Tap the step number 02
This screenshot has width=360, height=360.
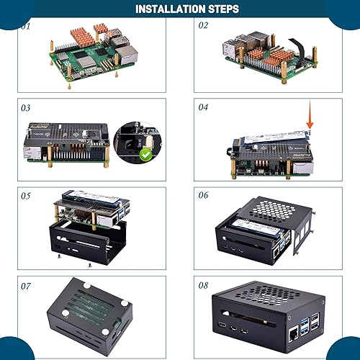tap(203, 25)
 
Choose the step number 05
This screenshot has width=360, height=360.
tap(27, 195)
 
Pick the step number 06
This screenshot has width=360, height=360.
tap(203, 195)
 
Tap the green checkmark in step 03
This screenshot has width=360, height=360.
tap(145, 154)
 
